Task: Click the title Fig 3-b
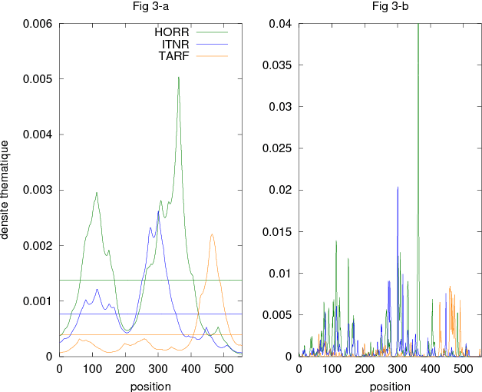click(390, 7)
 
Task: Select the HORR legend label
click(172, 32)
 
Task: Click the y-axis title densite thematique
click(7, 189)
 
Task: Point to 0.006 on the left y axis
click(37, 24)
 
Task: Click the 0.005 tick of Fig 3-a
click(37, 79)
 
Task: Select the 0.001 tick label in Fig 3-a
click(37, 301)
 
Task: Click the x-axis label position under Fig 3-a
click(151, 386)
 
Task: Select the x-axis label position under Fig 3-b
click(390, 386)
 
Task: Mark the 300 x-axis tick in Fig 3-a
click(158, 370)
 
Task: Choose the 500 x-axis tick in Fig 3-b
click(463, 370)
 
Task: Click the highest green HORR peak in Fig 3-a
click(179, 78)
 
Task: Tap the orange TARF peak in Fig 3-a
click(212, 235)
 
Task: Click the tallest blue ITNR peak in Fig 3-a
click(158, 211)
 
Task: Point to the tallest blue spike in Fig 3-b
click(398, 188)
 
